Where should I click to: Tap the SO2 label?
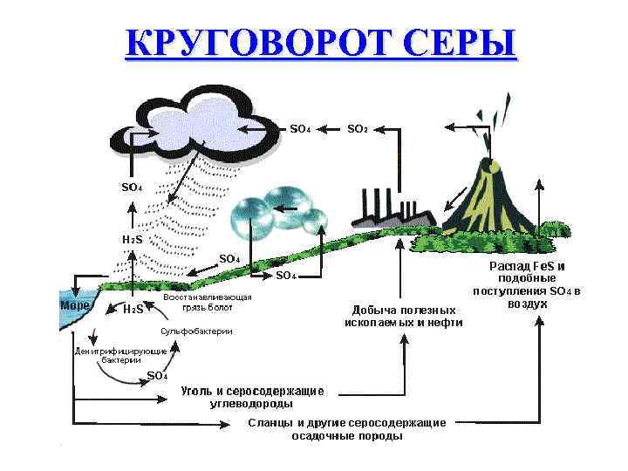coord(358,129)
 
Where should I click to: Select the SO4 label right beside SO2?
coord(300,129)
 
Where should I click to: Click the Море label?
coord(73,307)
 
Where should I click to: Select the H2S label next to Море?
coord(133,309)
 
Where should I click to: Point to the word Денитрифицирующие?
coord(109,351)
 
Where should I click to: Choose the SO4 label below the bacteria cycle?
coord(158,376)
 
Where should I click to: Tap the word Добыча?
coord(373,310)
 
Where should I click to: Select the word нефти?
coord(442,322)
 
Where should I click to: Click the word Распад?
coord(505,265)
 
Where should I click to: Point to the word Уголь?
coord(199,390)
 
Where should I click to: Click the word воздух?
coord(527,304)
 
